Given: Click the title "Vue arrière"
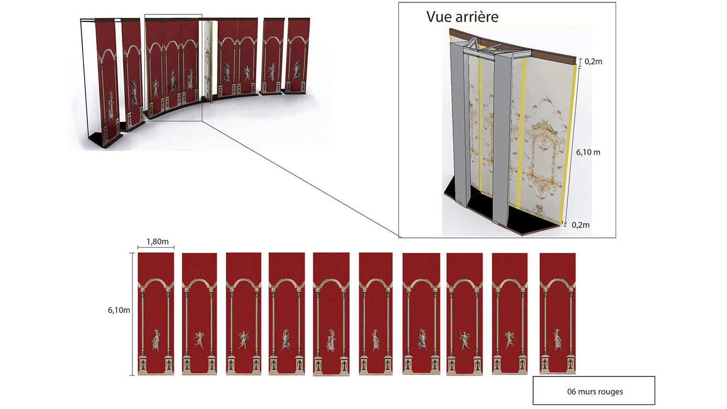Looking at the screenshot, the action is coord(462,17).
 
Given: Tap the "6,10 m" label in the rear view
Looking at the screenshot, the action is coord(588,152).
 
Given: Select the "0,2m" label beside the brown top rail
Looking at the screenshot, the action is coord(593,62).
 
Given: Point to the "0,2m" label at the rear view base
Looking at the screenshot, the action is coord(581,225).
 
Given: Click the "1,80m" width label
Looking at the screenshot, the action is coord(158,241).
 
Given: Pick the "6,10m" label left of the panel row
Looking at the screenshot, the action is coord(119,310).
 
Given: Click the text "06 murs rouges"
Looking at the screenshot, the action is coord(595,392).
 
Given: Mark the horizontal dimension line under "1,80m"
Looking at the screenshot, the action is coord(156,248).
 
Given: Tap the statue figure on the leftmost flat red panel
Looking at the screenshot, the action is coord(156,340).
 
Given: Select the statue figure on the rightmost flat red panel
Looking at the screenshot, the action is coord(557,340).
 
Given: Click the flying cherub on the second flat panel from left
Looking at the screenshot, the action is coord(199,340).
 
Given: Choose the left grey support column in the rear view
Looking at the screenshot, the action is coord(460,123).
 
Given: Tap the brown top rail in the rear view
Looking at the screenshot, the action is coord(513,46).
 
